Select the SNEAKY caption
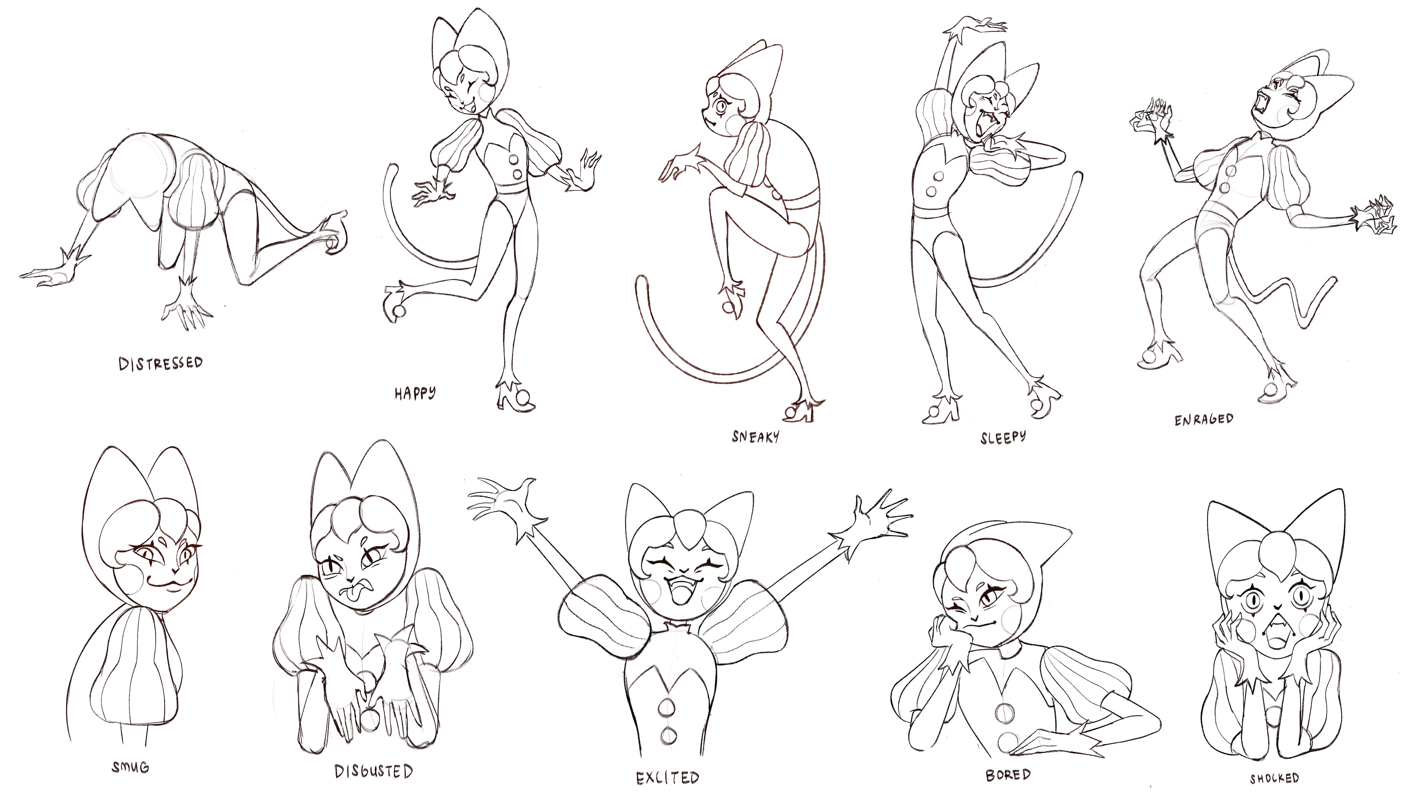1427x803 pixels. (x=755, y=437)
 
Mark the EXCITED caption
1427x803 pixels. (x=667, y=777)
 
